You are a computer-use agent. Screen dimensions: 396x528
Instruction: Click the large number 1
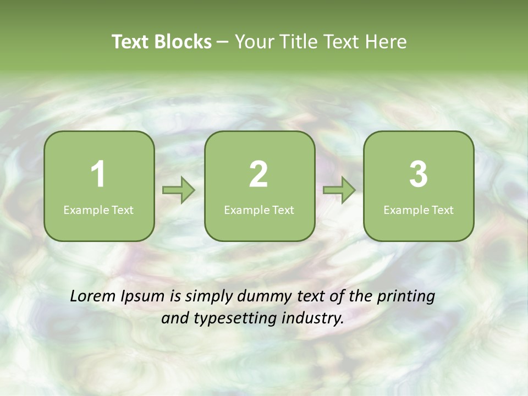98,174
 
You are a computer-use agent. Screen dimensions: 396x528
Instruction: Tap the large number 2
258,174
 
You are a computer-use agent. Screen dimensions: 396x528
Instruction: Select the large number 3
419,174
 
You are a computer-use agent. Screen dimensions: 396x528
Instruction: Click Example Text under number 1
98,210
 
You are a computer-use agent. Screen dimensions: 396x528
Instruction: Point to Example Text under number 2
259,210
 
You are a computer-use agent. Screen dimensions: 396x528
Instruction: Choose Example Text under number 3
419,210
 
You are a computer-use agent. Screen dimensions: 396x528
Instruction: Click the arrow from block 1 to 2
179,190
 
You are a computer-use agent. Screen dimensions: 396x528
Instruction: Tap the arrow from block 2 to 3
339,190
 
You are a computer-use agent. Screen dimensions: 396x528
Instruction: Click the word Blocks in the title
183,42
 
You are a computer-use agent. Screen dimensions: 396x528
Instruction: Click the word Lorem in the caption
92,296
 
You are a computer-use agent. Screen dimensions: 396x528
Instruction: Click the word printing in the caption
406,297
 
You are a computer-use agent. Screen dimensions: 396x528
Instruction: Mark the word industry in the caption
312,318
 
